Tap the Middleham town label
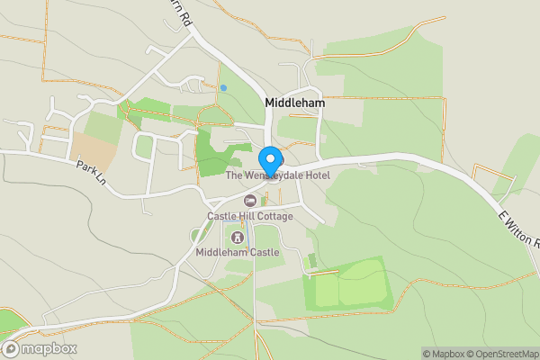tap(294, 103)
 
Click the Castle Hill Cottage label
tap(250, 216)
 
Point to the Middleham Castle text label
tap(238, 253)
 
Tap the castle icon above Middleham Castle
tap(238, 238)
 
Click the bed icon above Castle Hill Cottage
tap(250, 201)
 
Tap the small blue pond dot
tap(222, 87)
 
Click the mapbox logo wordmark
tap(47, 349)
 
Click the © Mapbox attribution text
tap(440, 354)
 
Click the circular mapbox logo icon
tap(11, 349)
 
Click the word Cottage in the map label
tap(274, 216)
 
